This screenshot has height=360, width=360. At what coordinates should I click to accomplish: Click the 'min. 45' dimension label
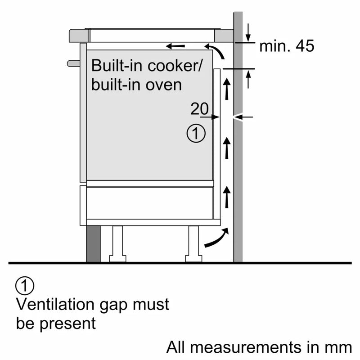tap(287, 46)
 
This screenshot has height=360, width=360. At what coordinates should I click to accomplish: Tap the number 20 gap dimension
tap(199, 108)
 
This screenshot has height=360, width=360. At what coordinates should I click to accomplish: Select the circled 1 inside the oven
tap(196, 134)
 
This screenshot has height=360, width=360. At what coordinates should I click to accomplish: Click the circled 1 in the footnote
tap(25, 285)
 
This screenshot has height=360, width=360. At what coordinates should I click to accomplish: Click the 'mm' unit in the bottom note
tap(340, 347)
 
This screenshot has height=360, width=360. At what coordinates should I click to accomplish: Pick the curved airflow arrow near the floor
tap(216, 238)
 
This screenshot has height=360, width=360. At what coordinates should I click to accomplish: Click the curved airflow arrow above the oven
tap(216, 51)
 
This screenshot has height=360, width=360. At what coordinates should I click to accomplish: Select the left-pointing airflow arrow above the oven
tap(175, 46)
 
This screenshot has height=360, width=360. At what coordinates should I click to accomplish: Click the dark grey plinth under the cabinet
tap(93, 243)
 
